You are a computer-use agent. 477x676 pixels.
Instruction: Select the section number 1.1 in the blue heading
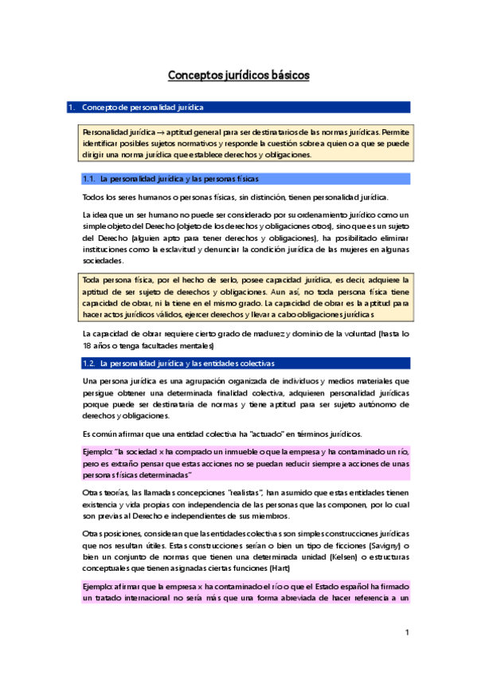pyautogui.click(x=90, y=179)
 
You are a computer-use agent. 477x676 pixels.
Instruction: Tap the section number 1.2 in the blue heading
pyautogui.click(x=90, y=364)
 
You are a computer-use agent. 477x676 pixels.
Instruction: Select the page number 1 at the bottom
pyautogui.click(x=406, y=633)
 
